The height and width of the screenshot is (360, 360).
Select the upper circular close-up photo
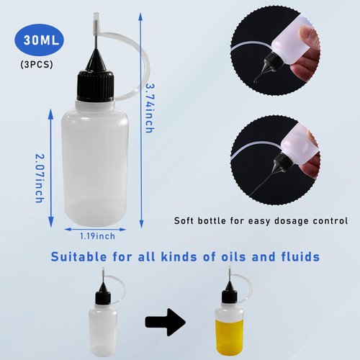(x=278, y=50)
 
